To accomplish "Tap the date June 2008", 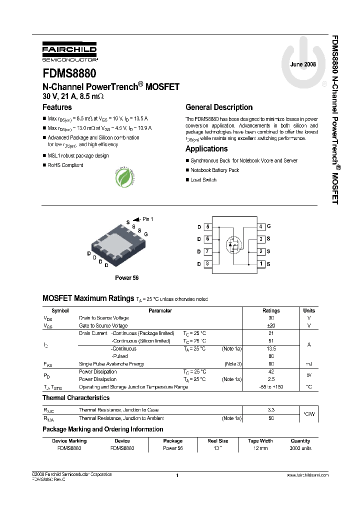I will coord(303,65).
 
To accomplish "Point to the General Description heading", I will coord(219,107).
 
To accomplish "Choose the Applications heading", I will coord(206,149).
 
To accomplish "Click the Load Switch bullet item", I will coord(203,180).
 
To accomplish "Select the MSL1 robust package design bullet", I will coord(78,155).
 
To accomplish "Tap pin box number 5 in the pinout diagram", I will coord(207,227).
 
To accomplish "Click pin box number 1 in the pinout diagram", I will coord(261,264).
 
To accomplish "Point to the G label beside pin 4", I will coord(268,226).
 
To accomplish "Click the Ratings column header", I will coord(271,310).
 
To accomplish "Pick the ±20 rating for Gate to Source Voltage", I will coord(271,325).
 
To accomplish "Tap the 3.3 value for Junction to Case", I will coord(271,410).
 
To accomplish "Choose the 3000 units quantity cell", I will coord(300,448).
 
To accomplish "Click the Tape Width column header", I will coord(260,441).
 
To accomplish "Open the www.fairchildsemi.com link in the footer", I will coord(307,475).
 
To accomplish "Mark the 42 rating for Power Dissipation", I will coord(271,371).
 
